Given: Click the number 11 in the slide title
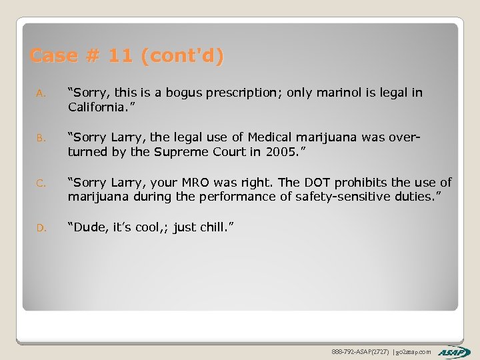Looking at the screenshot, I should point(120,56).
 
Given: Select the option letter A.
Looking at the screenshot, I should point(40,94).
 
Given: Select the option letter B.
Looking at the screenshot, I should point(40,139).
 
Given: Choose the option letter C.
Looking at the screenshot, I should point(40,183).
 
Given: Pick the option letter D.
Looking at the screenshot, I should point(40,228).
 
